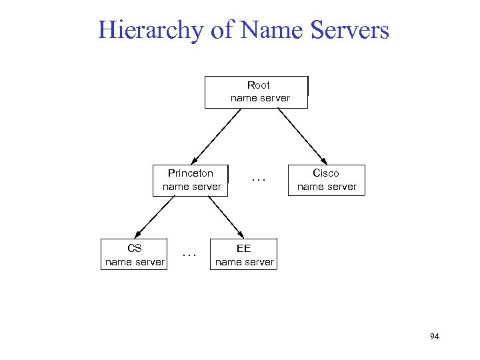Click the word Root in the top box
259,85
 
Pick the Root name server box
256,92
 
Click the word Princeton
191,173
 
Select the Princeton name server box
191,181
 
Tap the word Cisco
327,173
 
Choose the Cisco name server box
327,181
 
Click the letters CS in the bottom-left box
135,249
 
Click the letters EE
244,249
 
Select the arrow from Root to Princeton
216,136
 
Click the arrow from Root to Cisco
301,136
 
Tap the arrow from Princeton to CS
155,217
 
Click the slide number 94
435,337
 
